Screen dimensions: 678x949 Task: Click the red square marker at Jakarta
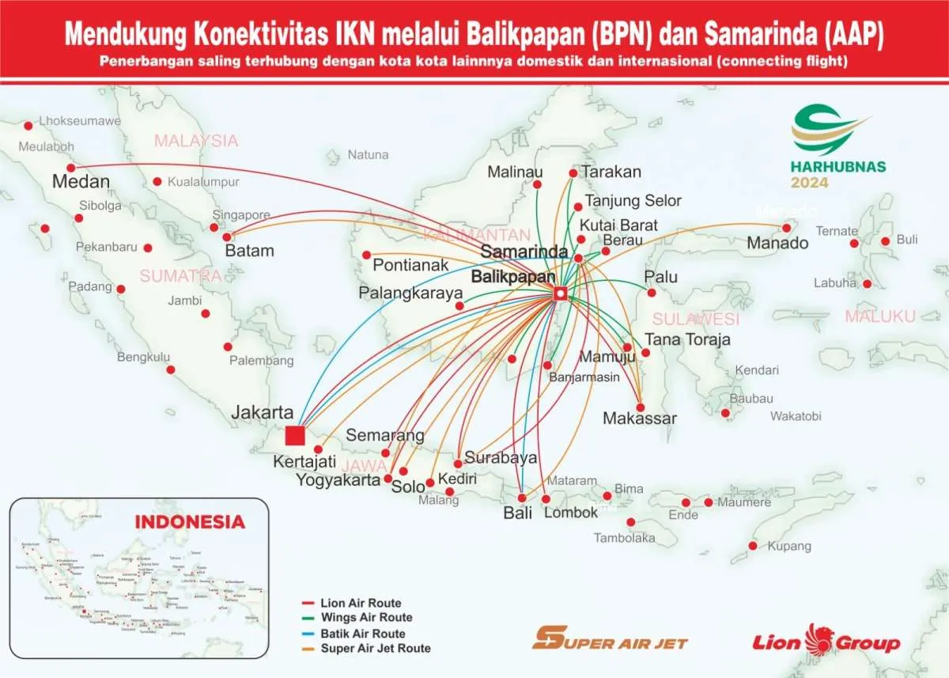tap(295, 435)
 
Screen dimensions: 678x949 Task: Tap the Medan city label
tap(81, 182)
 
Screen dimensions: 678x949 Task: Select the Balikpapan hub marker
tap(560, 294)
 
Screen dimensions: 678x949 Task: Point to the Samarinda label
tap(524, 252)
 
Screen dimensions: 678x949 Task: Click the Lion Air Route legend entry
tap(361, 603)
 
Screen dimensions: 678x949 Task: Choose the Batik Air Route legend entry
tap(363, 633)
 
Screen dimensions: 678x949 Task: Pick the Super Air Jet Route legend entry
tap(376, 648)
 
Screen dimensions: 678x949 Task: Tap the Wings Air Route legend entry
tap(366, 617)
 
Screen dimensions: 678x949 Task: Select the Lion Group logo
tap(826, 641)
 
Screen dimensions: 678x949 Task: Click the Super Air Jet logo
tap(610, 639)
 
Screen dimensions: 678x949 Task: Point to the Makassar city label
tap(640, 419)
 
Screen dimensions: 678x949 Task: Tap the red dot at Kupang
tap(753, 546)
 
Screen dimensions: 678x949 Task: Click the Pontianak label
tap(410, 265)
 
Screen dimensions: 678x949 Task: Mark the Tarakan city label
tap(611, 172)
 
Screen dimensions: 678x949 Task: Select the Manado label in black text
tap(777, 243)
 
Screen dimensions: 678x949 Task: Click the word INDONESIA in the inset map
tap(190, 522)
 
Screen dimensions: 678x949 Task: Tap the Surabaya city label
tap(501, 457)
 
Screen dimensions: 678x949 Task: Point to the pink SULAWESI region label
tap(696, 319)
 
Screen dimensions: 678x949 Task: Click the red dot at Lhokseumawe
tap(28, 125)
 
